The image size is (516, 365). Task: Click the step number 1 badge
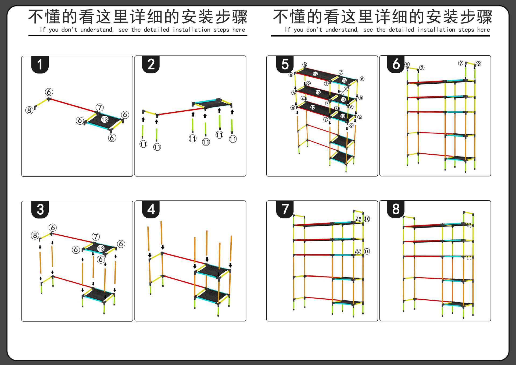coord(40,65)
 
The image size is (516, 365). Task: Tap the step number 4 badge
coord(151,209)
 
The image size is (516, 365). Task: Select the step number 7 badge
coord(285,209)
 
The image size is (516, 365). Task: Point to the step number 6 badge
coord(396,64)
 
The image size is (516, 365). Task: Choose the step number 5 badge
coord(285,65)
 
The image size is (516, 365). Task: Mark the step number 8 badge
coord(396,209)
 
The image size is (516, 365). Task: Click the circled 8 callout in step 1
coord(29,110)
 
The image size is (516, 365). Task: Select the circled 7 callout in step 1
coord(100,108)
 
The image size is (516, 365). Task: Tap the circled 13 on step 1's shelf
coord(105,119)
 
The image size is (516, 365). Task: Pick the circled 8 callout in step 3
coord(35,236)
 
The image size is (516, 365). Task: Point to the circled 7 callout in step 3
coord(96,237)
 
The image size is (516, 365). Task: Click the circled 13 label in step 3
coord(101,248)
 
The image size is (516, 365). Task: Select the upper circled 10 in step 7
coord(367,219)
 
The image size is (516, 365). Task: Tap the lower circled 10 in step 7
coord(367,251)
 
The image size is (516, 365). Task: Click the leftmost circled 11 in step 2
coord(144,144)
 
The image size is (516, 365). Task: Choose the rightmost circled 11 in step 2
coord(233,139)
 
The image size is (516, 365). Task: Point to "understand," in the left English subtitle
coord(97,30)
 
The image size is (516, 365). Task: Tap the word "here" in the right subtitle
coord(483,30)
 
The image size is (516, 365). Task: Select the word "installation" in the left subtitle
coord(192,30)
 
